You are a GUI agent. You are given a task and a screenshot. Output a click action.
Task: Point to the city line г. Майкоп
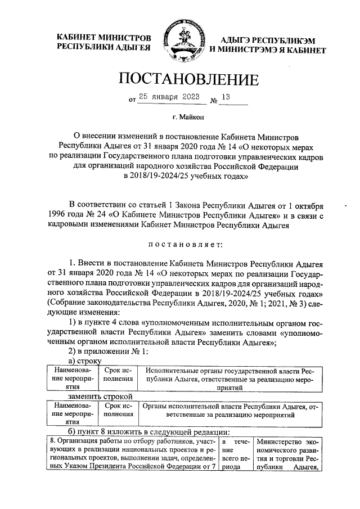pos(187,118)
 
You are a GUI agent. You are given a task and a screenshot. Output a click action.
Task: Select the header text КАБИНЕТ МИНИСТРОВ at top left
pos(104,38)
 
